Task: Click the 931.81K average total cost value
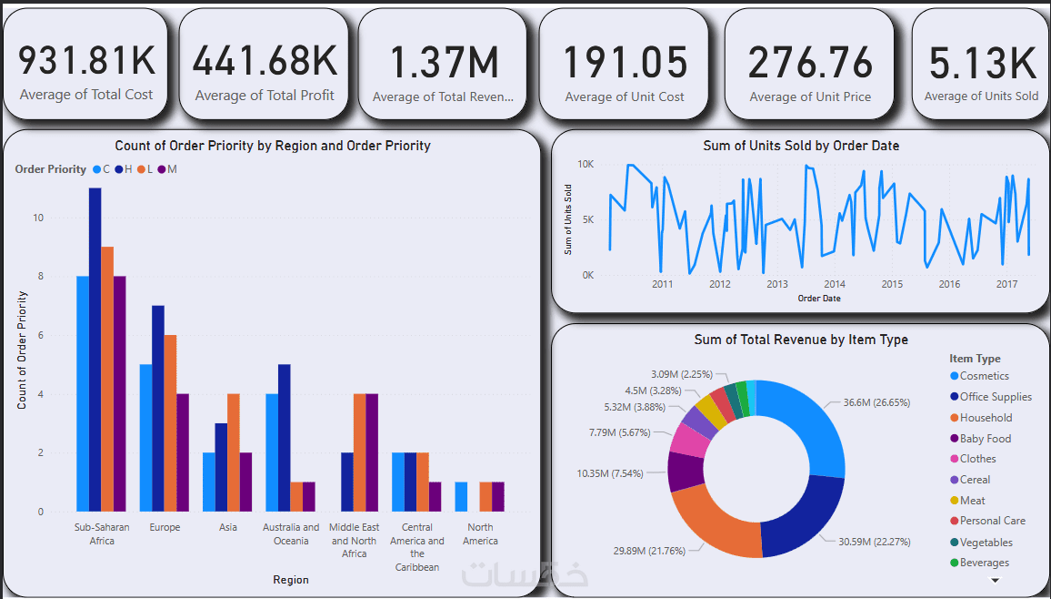pyautogui.click(x=87, y=61)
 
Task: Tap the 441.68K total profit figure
pyautogui.click(x=265, y=61)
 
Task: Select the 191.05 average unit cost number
pyautogui.click(x=625, y=63)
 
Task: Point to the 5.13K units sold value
pyautogui.click(x=982, y=64)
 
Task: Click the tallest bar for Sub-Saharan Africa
pyautogui.click(x=95, y=350)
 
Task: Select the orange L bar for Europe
pyautogui.click(x=171, y=423)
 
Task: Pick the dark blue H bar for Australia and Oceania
pyautogui.click(x=285, y=438)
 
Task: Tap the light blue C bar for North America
pyautogui.click(x=461, y=497)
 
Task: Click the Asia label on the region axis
pyautogui.click(x=228, y=527)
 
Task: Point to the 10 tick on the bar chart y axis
pyautogui.click(x=38, y=218)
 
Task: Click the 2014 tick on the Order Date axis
pyautogui.click(x=835, y=284)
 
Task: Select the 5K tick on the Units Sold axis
pyautogui.click(x=587, y=219)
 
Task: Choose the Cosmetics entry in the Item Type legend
pyautogui.click(x=984, y=376)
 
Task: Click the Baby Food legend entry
pyautogui.click(x=986, y=439)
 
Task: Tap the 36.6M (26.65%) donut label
pyautogui.click(x=876, y=402)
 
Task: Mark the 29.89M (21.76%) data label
pyautogui.click(x=644, y=551)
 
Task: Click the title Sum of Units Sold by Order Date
pyautogui.click(x=801, y=146)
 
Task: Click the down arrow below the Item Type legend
pyautogui.click(x=995, y=579)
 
